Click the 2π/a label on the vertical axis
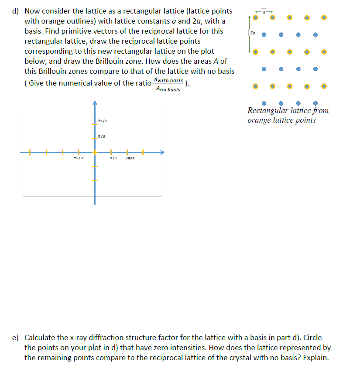coord(103,121)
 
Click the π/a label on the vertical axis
coord(102,136)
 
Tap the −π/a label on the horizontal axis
coord(79,158)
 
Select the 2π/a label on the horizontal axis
coord(130,158)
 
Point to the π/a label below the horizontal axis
coord(112,158)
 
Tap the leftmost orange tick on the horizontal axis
coord(30,152)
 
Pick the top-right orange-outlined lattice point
coord(323,18)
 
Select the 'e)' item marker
coord(16,338)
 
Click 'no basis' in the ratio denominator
coord(171,89)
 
